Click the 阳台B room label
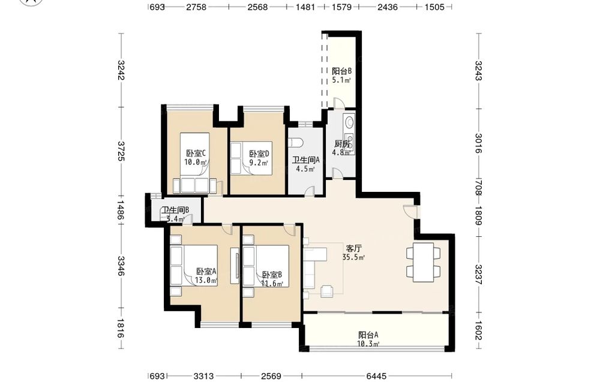341,71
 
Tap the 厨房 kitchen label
342,144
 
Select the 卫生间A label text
306,160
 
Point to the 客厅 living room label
353,248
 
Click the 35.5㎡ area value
353,257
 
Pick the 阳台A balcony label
368,335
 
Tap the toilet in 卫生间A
295,143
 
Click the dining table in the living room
423,262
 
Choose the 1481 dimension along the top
306,7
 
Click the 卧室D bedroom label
259,154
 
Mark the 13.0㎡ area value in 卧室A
206,280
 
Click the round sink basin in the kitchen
349,122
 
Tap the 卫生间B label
175,210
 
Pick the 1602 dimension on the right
478,330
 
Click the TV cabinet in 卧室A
235,266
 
